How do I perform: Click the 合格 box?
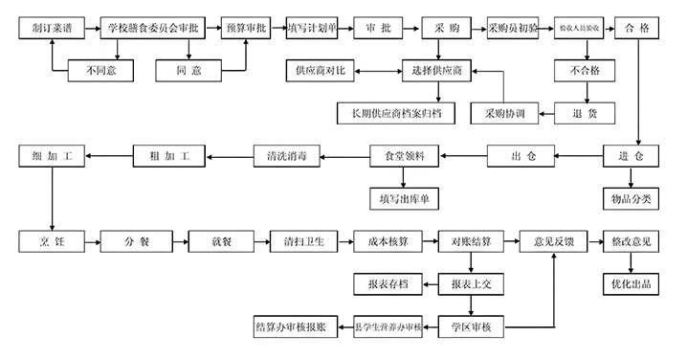pos(637,28)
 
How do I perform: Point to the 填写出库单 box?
pos(404,198)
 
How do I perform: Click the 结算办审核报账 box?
pos(290,327)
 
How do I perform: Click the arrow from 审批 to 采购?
pos(409,28)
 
